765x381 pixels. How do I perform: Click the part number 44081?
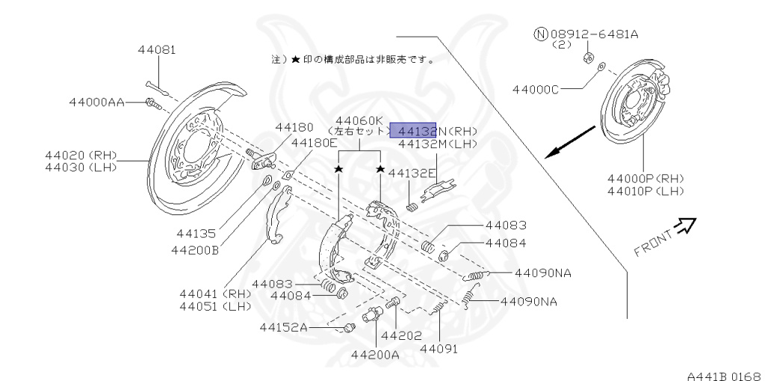point(156,50)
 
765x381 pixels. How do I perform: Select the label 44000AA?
point(96,102)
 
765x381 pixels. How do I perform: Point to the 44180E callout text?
point(314,143)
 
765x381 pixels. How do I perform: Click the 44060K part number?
point(359,120)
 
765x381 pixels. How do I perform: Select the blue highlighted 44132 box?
point(415,131)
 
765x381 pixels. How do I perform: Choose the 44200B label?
point(193,250)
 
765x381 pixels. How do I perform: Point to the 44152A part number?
point(284,327)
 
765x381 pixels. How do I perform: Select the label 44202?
point(402,335)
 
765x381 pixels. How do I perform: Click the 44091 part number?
point(439,348)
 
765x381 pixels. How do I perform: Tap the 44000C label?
point(536,90)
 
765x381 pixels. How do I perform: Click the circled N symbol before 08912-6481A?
point(541,34)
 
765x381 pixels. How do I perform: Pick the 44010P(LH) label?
point(645,191)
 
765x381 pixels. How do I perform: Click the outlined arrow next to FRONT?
point(686,224)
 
